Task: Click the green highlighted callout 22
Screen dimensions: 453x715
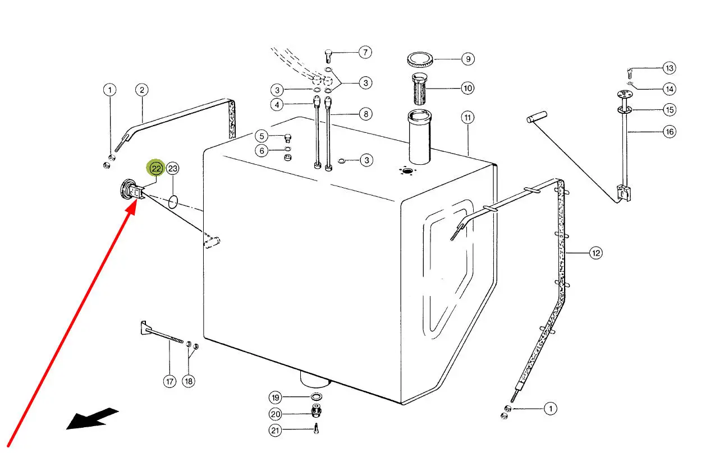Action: (x=155, y=168)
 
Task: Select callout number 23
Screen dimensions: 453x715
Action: (x=173, y=168)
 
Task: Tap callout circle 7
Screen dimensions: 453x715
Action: (x=365, y=53)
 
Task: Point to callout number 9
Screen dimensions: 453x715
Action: (x=467, y=58)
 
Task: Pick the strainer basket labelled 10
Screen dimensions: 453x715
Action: (x=420, y=88)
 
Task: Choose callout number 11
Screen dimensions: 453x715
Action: (x=467, y=118)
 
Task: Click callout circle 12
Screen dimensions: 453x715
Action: (x=595, y=253)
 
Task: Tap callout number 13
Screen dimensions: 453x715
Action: (x=668, y=68)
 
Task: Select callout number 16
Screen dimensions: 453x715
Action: (x=669, y=132)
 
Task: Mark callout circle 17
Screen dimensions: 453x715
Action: (x=169, y=382)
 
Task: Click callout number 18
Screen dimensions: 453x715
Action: (x=189, y=381)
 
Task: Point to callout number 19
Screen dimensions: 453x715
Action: (x=275, y=398)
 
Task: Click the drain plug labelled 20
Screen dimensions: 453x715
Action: (x=315, y=414)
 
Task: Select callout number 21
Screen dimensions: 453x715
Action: (x=275, y=431)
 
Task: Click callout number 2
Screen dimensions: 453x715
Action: (x=141, y=90)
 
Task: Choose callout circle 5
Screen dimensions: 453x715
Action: (x=262, y=136)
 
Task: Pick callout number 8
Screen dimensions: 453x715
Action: (x=365, y=114)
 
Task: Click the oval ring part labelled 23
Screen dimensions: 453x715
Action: (x=173, y=201)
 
